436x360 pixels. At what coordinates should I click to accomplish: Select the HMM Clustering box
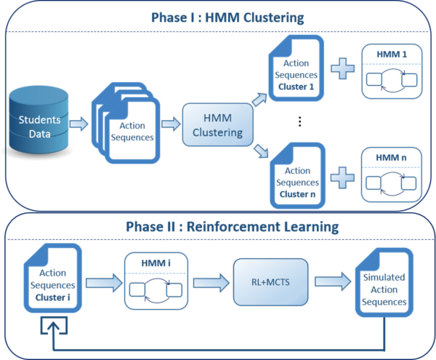pyautogui.click(x=217, y=124)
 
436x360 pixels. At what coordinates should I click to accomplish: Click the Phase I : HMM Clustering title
pyautogui.click(x=218, y=17)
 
